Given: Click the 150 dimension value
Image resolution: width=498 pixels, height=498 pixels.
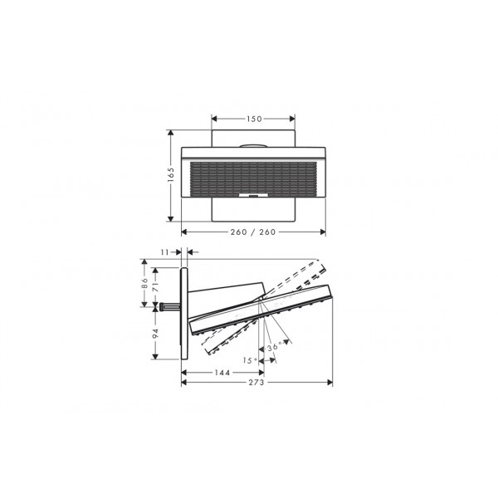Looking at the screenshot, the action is pos(254,119).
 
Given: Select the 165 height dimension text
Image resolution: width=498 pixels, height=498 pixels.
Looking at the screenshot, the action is pos(171,174).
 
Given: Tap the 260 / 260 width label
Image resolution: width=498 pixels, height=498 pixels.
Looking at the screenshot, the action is pos(253,232).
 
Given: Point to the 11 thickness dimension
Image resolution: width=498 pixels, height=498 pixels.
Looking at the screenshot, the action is pos(164,252).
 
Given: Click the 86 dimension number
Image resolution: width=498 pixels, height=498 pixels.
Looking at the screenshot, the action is pos(144,283).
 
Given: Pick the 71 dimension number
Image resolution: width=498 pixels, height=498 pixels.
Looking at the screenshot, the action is pos(155,287).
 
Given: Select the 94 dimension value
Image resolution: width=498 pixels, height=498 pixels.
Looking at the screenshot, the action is pos(155,334).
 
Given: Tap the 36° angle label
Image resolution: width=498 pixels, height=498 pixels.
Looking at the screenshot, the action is pos(275,346).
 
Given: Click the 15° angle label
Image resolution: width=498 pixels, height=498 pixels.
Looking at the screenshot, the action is pos(250,360).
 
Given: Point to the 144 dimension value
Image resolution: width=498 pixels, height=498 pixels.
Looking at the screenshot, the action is pos(222,373).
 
